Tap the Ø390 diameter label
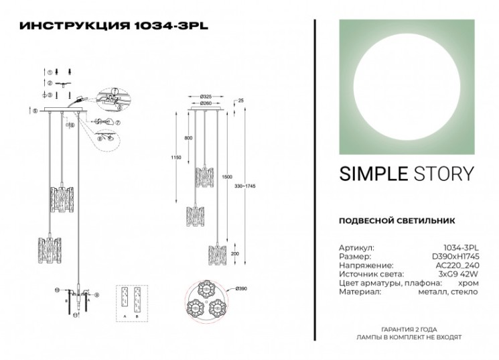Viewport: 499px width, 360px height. tap(241, 289)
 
